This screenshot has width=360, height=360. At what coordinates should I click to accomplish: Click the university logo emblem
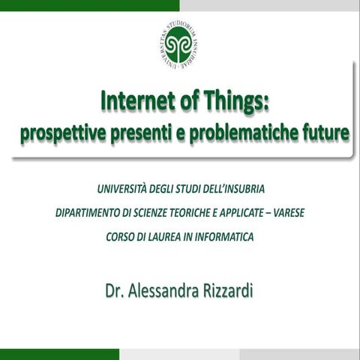coord(179,43)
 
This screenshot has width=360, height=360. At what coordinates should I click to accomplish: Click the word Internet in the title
coord(134,103)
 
